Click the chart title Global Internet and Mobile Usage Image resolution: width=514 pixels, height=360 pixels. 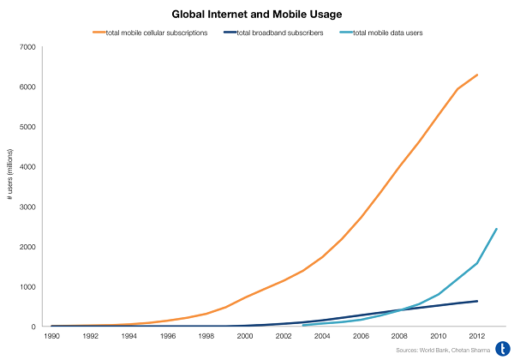click(x=257, y=15)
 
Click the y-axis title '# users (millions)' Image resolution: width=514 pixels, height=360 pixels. click(x=9, y=187)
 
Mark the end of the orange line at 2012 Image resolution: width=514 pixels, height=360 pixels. click(x=477, y=75)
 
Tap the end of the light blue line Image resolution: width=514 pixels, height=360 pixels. click(x=496, y=229)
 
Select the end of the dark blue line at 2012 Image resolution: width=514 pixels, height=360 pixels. click(x=477, y=301)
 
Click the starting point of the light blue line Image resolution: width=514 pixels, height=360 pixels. click(x=303, y=326)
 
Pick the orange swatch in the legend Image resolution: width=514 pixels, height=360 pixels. click(x=100, y=33)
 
